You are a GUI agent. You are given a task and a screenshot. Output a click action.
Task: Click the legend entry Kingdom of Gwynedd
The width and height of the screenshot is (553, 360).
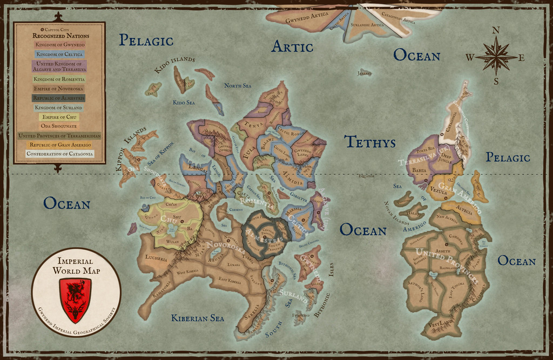point(60,44)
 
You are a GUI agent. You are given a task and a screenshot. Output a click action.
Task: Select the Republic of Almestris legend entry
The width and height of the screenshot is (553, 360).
point(59,98)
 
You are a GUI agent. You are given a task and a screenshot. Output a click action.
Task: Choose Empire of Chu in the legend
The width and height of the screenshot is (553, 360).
point(59,117)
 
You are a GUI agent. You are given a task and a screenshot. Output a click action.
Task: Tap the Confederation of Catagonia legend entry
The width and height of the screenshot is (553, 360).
point(59,154)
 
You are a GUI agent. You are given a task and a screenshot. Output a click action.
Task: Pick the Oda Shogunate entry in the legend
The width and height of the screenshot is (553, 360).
point(59,126)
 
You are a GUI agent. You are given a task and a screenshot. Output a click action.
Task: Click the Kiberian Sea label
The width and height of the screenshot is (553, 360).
point(198,318)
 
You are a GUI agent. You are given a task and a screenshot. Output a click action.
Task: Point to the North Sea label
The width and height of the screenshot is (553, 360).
point(238,85)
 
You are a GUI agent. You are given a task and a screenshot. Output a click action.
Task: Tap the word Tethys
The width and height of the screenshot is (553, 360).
point(370,142)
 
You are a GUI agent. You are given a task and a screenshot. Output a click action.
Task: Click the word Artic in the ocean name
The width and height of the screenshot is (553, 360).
point(292,47)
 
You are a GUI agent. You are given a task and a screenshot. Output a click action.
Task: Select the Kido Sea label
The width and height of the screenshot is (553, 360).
point(184,102)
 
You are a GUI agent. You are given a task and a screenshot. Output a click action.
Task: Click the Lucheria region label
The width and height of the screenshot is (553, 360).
point(156,259)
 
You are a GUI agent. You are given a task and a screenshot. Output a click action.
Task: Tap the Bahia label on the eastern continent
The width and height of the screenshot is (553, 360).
point(420,169)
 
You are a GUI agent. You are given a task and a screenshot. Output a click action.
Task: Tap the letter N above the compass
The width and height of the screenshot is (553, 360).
point(496,30)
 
